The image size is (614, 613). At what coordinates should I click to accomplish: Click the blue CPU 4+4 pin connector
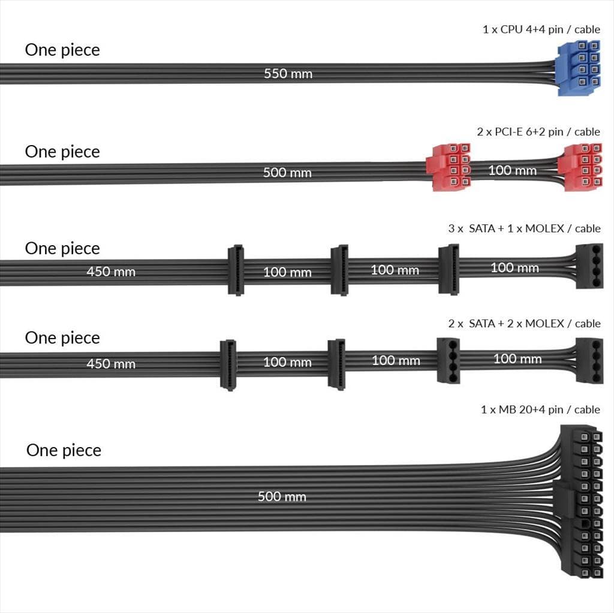pyautogui.click(x=578, y=68)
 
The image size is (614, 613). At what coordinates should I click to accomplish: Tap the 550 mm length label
pyautogui.click(x=288, y=74)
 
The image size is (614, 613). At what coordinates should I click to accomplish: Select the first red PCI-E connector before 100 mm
pyautogui.click(x=449, y=167)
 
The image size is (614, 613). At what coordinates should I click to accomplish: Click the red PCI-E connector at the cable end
pyautogui.click(x=579, y=167)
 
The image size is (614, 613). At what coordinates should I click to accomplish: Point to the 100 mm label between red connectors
pyautogui.click(x=512, y=170)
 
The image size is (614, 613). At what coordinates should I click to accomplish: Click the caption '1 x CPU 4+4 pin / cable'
pyautogui.click(x=541, y=29)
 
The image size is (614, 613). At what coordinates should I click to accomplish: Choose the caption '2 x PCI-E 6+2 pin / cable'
pyautogui.click(x=538, y=131)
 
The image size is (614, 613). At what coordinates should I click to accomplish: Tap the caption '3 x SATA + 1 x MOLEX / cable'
pyautogui.click(x=523, y=228)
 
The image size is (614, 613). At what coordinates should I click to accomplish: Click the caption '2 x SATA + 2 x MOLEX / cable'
pyautogui.click(x=523, y=324)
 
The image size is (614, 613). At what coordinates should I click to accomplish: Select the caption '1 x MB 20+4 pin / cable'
pyautogui.click(x=540, y=409)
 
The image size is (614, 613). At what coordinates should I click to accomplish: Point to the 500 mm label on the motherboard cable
pyautogui.click(x=282, y=496)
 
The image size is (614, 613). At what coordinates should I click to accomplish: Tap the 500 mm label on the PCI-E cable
pyautogui.click(x=287, y=173)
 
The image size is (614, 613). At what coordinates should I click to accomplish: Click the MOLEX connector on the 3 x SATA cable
pyautogui.click(x=588, y=267)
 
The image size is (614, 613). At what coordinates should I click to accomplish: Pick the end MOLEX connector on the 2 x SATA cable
pyautogui.click(x=588, y=360)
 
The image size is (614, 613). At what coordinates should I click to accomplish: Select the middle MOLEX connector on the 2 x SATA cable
pyautogui.click(x=449, y=360)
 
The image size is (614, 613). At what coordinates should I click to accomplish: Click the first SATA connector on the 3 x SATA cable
pyautogui.click(x=236, y=270)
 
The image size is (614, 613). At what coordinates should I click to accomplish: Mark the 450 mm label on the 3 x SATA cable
pyautogui.click(x=111, y=271)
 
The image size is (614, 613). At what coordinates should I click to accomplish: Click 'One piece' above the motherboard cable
pyautogui.click(x=64, y=450)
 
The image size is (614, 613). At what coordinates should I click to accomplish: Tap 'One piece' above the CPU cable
pyautogui.click(x=62, y=50)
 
